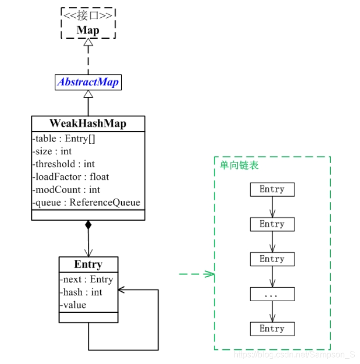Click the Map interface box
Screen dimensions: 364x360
[x=88, y=24]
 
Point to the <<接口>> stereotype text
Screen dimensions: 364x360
[x=88, y=16]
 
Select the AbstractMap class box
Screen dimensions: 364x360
[x=88, y=82]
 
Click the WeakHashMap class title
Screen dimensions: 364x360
[x=88, y=123]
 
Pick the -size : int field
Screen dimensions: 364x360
[x=52, y=152]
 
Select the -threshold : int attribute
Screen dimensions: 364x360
[x=63, y=164]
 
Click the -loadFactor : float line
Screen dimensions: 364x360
[x=70, y=177]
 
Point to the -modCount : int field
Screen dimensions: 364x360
[x=66, y=189]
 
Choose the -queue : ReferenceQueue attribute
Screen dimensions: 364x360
[x=86, y=202]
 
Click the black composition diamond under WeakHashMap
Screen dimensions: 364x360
[x=88, y=225]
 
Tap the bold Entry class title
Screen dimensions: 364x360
[x=88, y=264]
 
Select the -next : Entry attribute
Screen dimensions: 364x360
[x=86, y=279]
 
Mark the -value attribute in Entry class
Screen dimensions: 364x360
[x=73, y=304]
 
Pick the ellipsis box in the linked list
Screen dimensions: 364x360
[x=272, y=294]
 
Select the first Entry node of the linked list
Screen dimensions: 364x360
[x=272, y=189]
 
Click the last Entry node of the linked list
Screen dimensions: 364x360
[x=272, y=328]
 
